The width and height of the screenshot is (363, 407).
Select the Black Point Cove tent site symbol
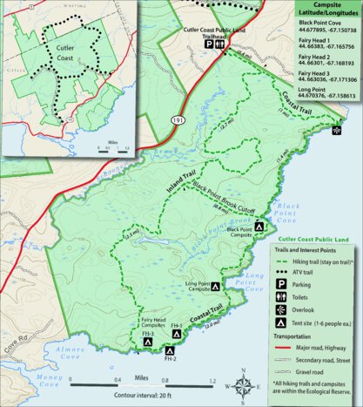tap(259, 227)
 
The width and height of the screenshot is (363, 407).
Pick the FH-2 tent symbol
tap(169, 350)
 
